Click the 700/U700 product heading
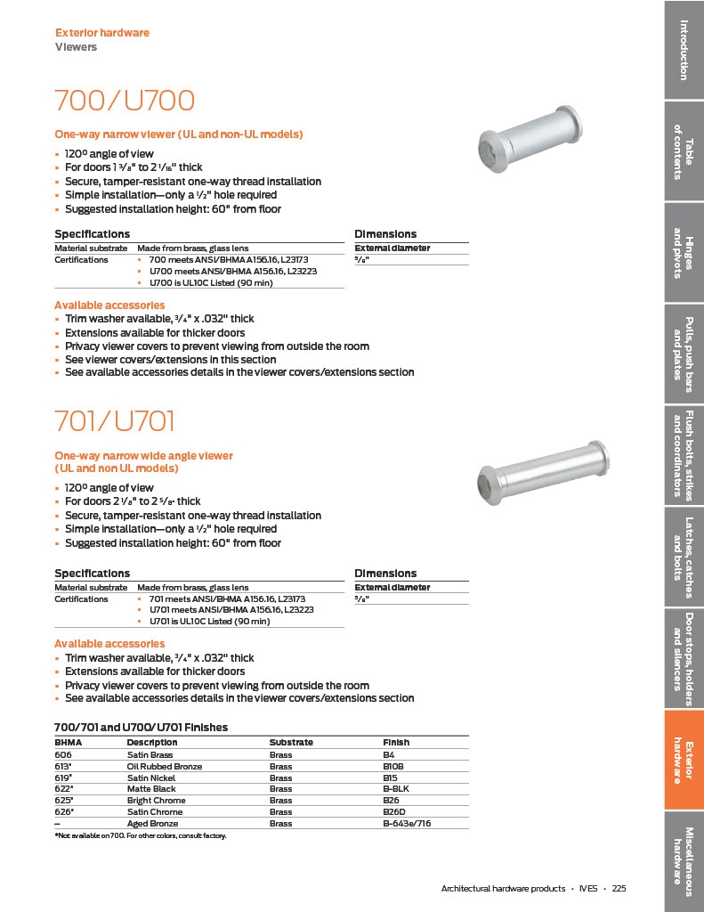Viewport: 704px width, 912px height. pos(125,100)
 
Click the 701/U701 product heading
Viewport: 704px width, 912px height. pos(115,420)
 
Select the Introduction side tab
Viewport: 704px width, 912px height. pos(684,49)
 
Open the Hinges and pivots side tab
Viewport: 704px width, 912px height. pos(684,253)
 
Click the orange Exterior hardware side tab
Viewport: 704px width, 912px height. pos(684,761)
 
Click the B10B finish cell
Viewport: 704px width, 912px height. pos(393,766)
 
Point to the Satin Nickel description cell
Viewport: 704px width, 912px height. pos(151,778)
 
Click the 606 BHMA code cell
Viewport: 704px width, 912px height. pos(64,754)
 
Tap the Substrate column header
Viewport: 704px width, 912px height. pos(291,742)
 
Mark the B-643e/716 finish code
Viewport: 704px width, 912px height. pos(407,824)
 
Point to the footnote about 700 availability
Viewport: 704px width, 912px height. pos(141,836)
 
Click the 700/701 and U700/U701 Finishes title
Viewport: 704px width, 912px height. pos(141,728)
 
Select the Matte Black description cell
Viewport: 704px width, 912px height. pos(151,789)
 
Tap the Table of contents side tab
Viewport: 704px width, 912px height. pos(684,151)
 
